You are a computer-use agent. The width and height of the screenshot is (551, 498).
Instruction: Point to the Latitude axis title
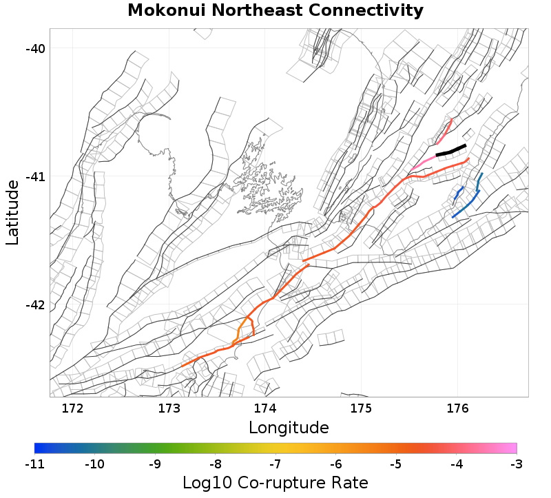tap(12, 212)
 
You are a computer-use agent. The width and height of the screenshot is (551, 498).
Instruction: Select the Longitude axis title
tap(289, 428)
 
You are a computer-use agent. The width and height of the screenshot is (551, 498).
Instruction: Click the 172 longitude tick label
tap(72, 408)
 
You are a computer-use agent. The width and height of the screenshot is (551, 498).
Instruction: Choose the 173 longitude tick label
tap(169, 408)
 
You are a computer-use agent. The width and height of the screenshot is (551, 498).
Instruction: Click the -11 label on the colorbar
tap(34, 464)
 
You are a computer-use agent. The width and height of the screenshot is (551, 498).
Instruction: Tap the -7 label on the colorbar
tap(275, 464)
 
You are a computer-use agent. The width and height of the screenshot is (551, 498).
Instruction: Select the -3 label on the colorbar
tap(516, 464)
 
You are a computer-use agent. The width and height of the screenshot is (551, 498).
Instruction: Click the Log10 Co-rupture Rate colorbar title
tap(275, 482)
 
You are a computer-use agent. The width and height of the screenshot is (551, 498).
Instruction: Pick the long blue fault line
tap(472, 200)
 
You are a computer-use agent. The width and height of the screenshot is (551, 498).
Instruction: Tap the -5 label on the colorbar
tap(396, 464)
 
